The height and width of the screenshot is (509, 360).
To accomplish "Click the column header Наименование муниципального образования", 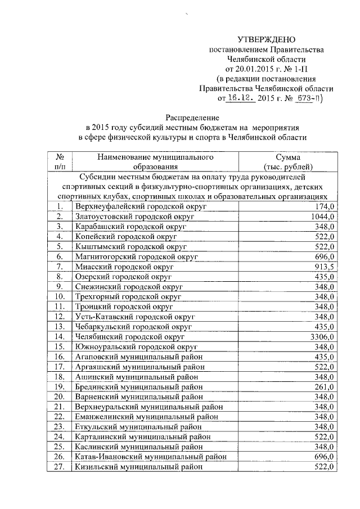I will coord(155,162).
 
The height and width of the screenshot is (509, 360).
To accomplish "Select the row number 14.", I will coord(60,337).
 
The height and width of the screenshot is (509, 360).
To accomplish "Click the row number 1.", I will coord(60,206).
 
